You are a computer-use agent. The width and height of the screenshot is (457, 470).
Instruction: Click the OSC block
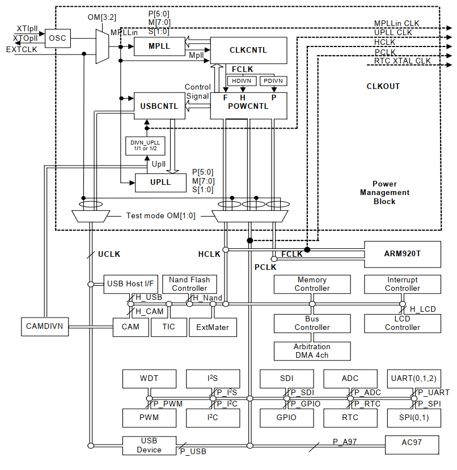click(57, 38)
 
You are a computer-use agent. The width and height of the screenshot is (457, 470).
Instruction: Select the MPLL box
click(159, 45)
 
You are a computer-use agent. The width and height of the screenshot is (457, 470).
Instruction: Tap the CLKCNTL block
click(248, 50)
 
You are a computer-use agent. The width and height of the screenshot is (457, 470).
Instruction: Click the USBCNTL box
click(159, 106)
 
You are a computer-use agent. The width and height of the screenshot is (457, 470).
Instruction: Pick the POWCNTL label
click(248, 106)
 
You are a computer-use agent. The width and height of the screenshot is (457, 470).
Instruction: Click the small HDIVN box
click(242, 81)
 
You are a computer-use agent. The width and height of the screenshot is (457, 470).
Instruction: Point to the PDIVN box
click(274, 81)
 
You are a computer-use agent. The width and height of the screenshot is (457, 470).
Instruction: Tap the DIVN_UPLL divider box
click(145, 146)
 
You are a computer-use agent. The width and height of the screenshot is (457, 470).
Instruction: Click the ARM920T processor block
click(403, 253)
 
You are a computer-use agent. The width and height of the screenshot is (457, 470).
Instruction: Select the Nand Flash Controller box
click(189, 284)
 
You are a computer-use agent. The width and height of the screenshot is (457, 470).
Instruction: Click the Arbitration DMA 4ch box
click(312, 351)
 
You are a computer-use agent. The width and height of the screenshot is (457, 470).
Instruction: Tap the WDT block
click(149, 378)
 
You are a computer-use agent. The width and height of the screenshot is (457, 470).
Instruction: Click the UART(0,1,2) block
click(413, 378)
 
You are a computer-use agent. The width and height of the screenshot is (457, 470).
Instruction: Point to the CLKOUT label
click(383, 87)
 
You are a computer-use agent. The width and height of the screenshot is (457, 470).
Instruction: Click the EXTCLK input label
click(21, 50)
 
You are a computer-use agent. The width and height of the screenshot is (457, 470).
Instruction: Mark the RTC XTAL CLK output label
click(402, 61)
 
